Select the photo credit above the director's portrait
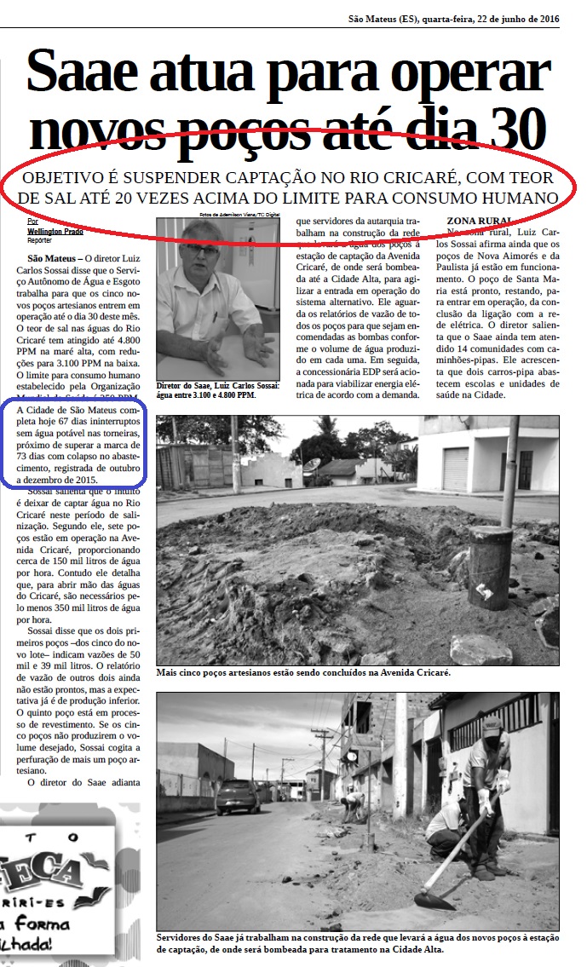[241, 214]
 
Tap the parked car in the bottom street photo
[238, 796]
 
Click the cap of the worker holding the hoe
[492, 727]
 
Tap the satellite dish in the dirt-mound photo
[311, 464]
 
